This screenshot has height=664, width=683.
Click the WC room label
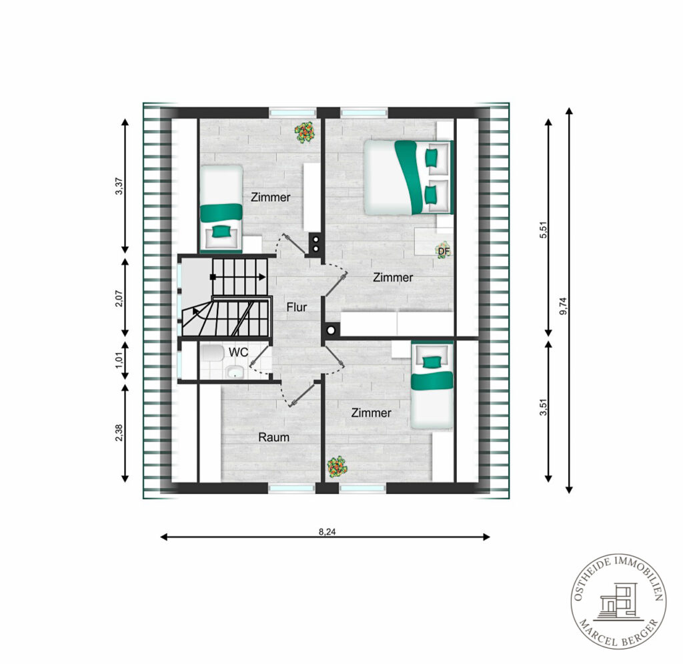pos(238,352)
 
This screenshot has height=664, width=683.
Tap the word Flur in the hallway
pos(297,307)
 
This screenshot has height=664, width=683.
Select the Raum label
pos(274,437)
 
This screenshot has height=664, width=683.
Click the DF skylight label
pos(444,252)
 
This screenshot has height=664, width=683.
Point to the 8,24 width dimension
pos(327,532)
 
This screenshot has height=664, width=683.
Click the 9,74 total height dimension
pos(564,306)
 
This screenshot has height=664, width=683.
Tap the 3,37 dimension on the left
pos(119,186)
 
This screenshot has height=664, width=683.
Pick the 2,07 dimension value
pos(119,298)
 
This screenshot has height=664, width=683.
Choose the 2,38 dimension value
pos(119,433)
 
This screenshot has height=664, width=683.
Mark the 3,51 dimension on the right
pos(543,407)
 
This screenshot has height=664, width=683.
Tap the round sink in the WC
pos(235,372)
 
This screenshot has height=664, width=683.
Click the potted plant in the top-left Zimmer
pos(305,132)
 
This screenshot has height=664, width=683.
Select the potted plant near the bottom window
pos(337,467)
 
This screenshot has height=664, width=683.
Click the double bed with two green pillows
pos(408,178)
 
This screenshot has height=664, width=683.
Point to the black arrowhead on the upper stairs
pos(262,277)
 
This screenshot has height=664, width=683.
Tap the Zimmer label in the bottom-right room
pos(371,412)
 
